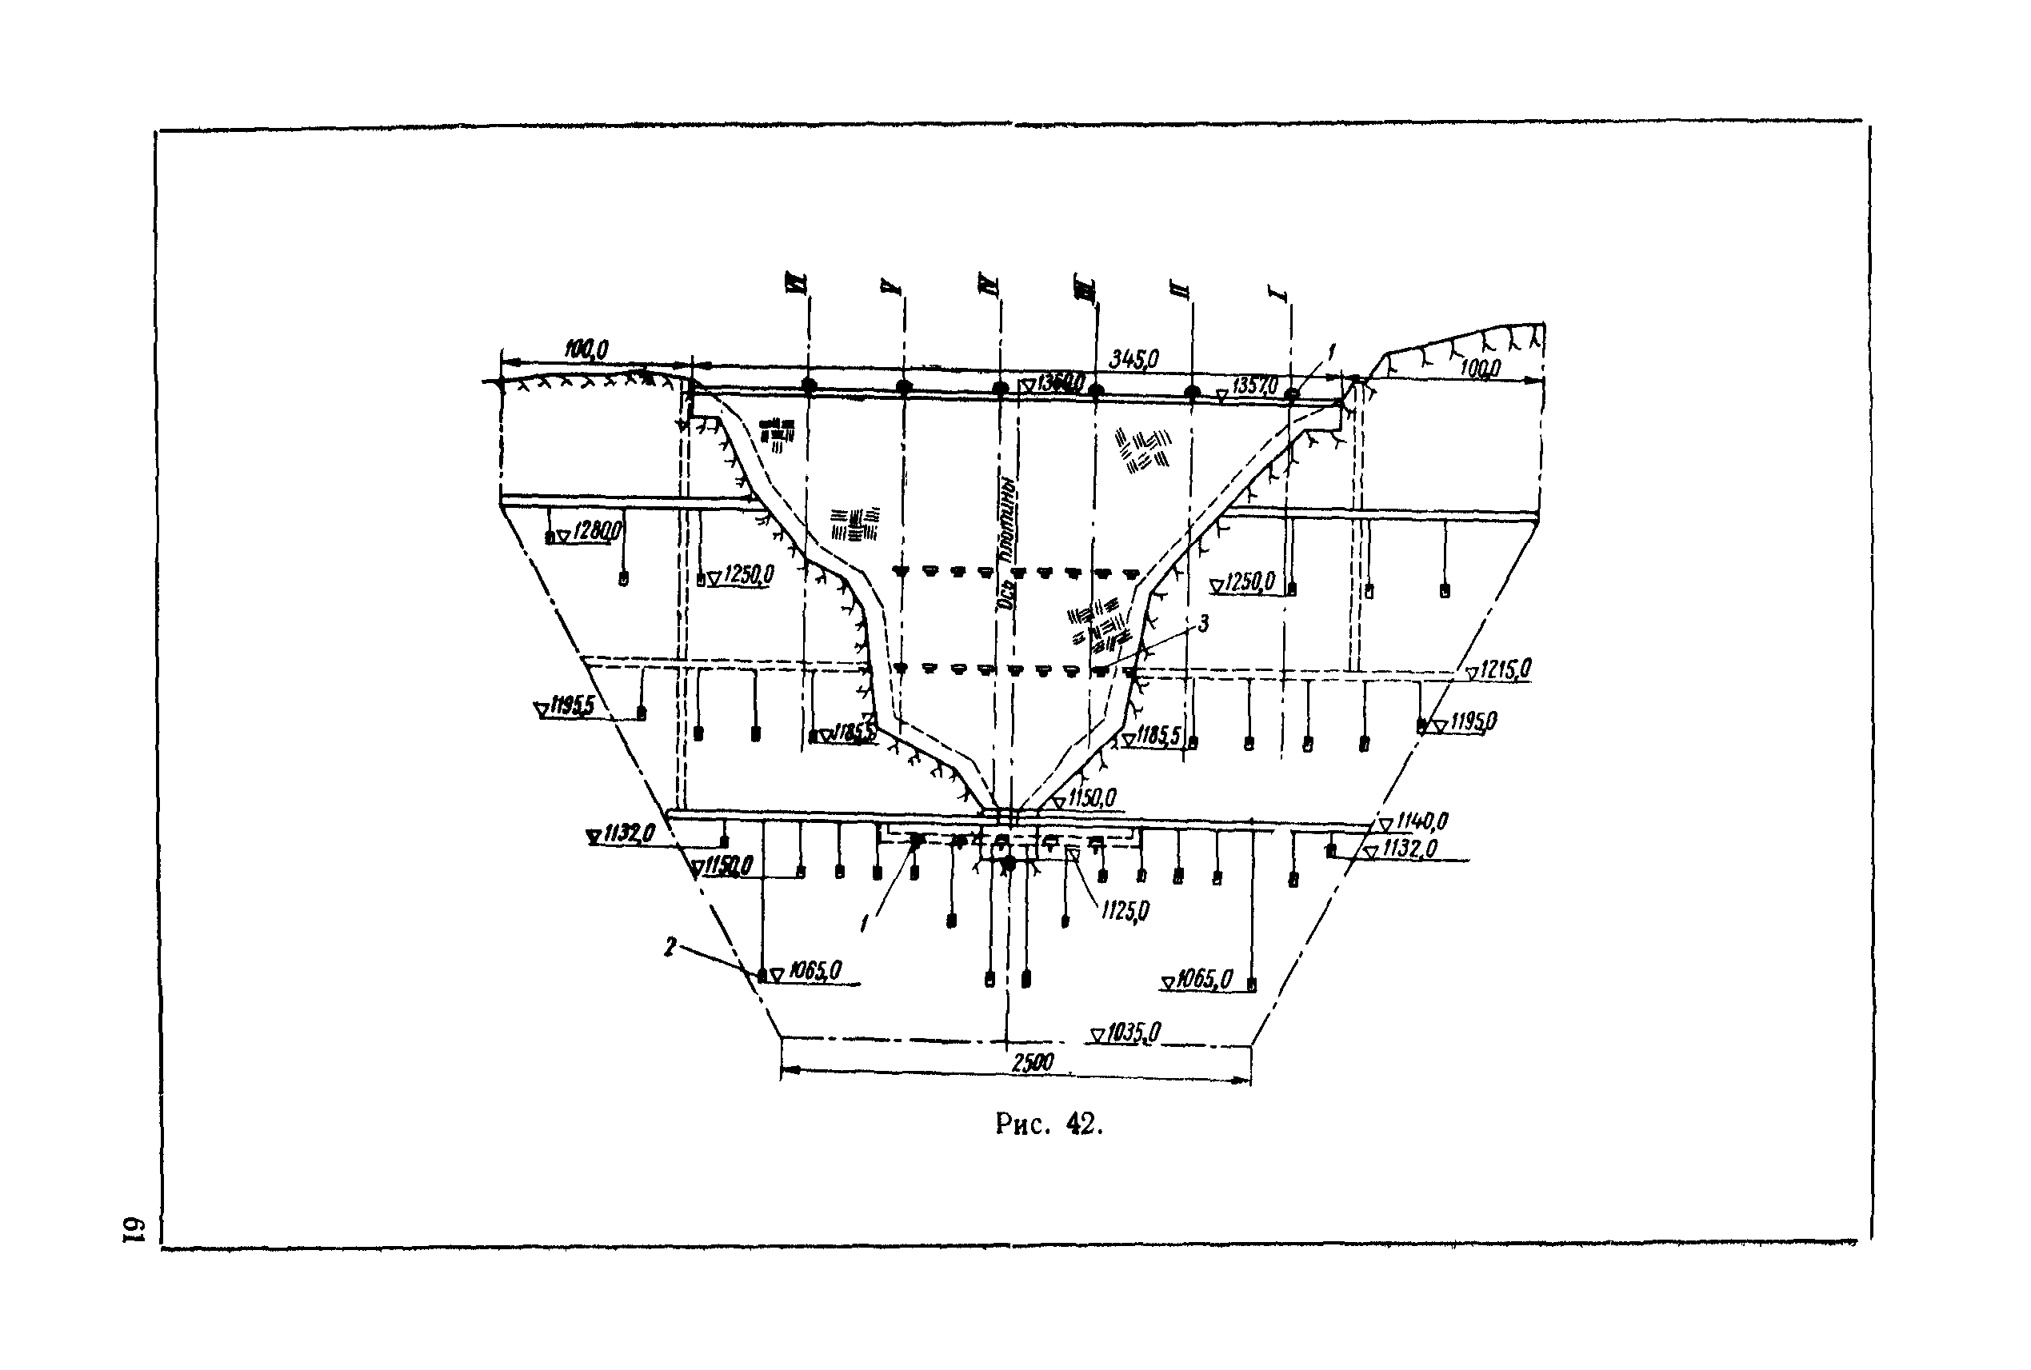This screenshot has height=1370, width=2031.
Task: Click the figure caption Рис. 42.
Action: click(x=1049, y=1124)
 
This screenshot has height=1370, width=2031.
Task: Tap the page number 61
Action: click(x=132, y=1228)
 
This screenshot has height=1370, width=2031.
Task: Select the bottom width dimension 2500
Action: click(x=1033, y=1062)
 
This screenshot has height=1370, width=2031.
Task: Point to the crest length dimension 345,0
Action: click(x=1133, y=358)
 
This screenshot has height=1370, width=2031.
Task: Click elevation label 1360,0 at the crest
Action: click(x=1060, y=383)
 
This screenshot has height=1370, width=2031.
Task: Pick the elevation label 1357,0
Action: click(x=1255, y=385)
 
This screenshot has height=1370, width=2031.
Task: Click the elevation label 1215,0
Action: click(x=1505, y=669)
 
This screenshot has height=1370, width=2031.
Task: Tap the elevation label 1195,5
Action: click(x=572, y=705)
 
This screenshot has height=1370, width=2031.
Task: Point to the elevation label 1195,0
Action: click(x=1473, y=721)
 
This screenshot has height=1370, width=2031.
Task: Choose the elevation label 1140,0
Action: click(x=1422, y=821)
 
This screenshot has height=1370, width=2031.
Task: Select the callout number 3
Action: click(x=1202, y=623)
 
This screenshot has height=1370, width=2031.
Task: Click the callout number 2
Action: click(x=670, y=946)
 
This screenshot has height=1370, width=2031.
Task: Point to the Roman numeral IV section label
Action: click(x=991, y=286)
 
